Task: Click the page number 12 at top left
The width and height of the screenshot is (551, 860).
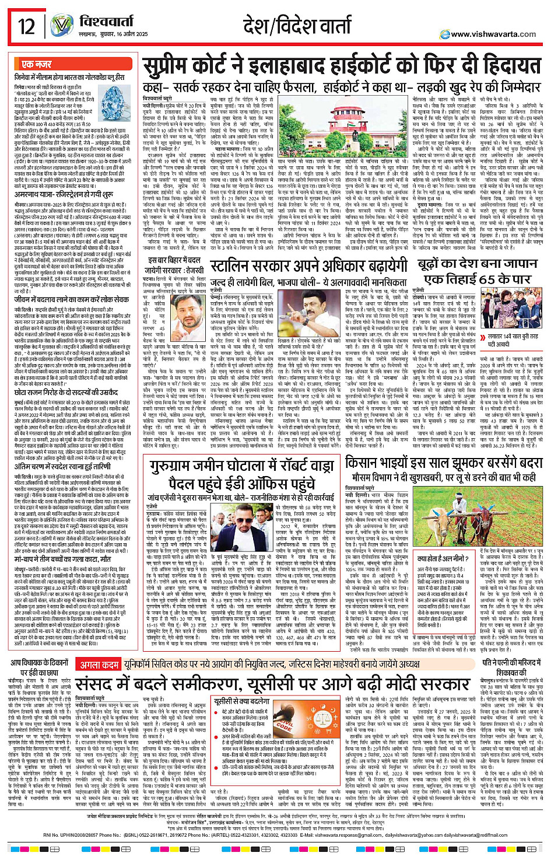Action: pyautogui.click(x=27, y=27)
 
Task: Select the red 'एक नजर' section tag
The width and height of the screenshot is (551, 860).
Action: pyautogui.click(x=36, y=64)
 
